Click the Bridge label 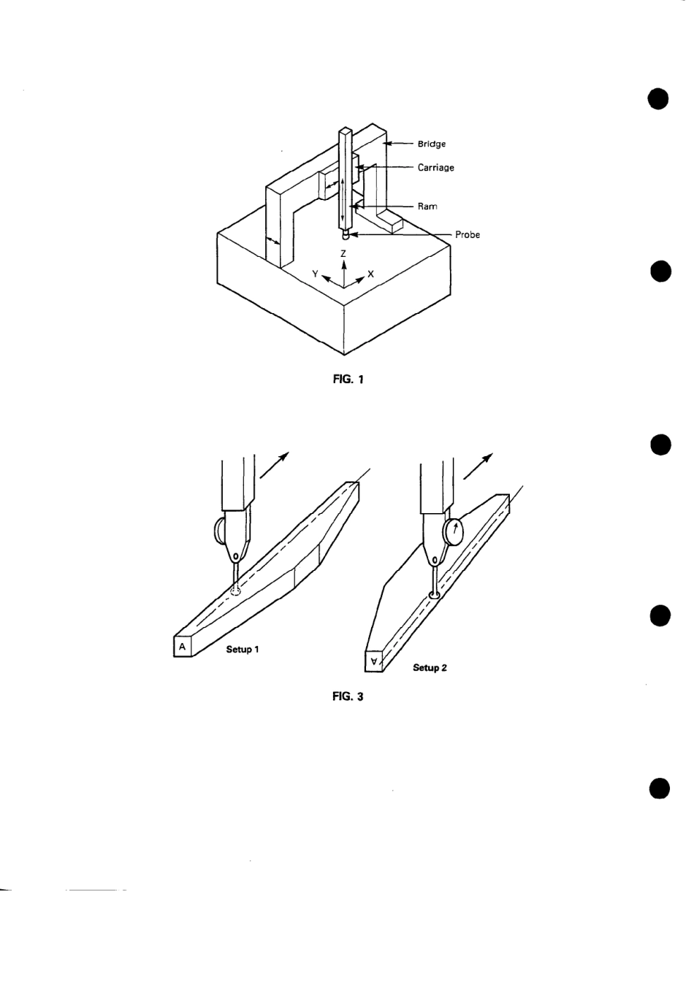[431, 144]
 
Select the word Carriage [435, 168]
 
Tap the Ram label [427, 207]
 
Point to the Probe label [468, 235]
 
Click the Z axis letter [343, 253]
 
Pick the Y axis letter [315, 274]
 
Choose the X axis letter [371, 274]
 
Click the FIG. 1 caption [348, 380]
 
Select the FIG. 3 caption [348, 697]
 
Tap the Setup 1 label [243, 650]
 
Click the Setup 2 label [430, 668]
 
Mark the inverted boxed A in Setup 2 [374, 661]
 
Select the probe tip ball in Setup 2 [434, 596]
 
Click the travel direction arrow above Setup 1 [274, 465]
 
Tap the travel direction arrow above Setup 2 [477, 465]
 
